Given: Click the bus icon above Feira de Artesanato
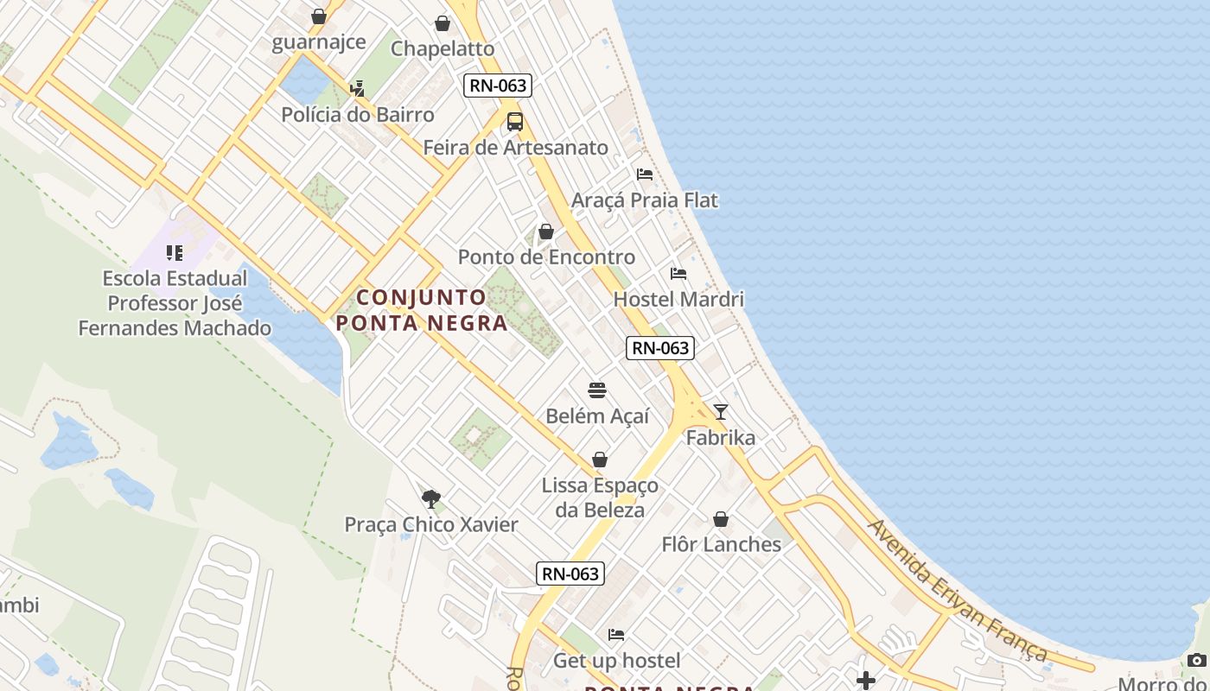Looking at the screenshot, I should [x=515, y=122].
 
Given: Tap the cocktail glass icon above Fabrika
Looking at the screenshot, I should [x=721, y=412].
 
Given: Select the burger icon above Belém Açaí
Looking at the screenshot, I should [x=597, y=390].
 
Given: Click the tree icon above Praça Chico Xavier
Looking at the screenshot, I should [x=430, y=498].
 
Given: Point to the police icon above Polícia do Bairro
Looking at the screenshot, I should [x=357, y=88].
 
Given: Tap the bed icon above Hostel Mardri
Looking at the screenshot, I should [x=678, y=274].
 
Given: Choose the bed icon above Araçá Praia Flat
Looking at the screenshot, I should [x=645, y=174].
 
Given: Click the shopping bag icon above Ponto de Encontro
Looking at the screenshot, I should [x=546, y=231].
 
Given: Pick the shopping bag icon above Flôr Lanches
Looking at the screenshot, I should [x=721, y=519].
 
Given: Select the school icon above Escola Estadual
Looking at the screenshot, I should [x=175, y=253].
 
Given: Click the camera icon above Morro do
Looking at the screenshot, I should [x=1197, y=661].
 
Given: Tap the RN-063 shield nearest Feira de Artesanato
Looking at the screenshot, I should [x=497, y=86].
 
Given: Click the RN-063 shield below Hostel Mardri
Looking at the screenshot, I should [x=660, y=348].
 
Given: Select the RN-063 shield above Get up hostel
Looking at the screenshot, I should [x=570, y=574].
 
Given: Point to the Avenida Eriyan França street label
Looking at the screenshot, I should [x=958, y=591].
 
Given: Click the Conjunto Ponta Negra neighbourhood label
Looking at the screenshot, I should [x=422, y=310].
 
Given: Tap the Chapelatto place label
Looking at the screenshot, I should [x=443, y=48].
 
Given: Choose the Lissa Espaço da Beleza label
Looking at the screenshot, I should [x=600, y=498].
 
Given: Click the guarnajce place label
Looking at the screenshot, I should [x=319, y=42].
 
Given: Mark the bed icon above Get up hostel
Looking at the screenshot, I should [x=616, y=635].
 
